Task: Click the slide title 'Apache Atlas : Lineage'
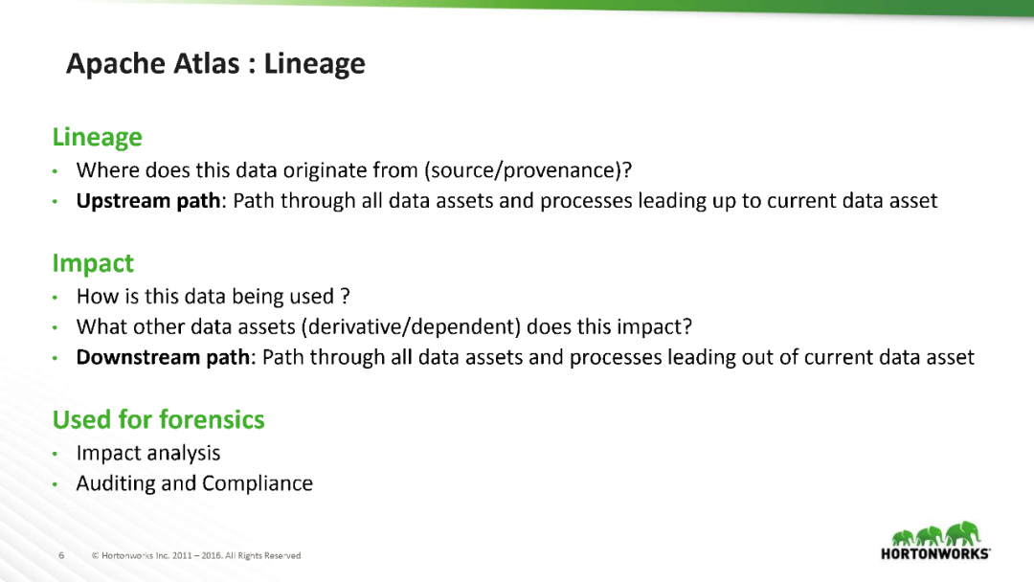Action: tap(215, 64)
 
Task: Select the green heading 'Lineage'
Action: tap(98, 137)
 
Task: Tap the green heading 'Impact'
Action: tap(93, 263)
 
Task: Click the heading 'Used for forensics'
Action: tap(158, 419)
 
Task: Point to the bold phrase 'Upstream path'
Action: tap(148, 200)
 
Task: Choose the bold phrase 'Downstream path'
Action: tap(163, 357)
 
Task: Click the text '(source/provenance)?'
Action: tap(528, 170)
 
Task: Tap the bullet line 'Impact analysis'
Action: tap(148, 454)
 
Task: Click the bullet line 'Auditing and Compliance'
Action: tap(194, 483)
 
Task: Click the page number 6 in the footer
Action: tap(61, 555)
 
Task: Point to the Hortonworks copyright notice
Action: tap(196, 555)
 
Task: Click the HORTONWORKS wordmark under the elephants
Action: tap(935, 553)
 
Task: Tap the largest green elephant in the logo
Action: tap(962, 533)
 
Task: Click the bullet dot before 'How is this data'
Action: tap(56, 298)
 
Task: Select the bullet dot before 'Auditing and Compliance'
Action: tap(56, 484)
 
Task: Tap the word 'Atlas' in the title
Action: tap(207, 64)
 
